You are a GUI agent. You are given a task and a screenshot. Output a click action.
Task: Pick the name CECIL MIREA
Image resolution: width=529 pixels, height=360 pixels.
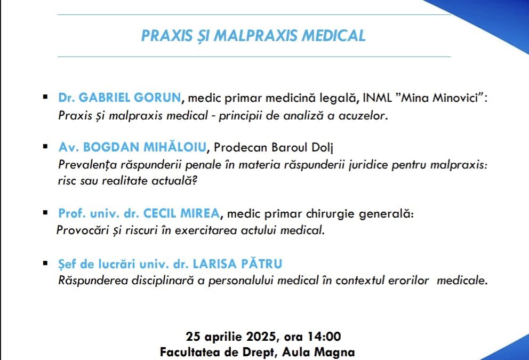pyautogui.click(x=181, y=214)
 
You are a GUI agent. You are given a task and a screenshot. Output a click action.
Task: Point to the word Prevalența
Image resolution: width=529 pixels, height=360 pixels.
pyautogui.click(x=85, y=165)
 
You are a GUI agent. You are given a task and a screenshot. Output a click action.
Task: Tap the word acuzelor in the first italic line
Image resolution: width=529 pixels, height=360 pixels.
pyautogui.click(x=365, y=116)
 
